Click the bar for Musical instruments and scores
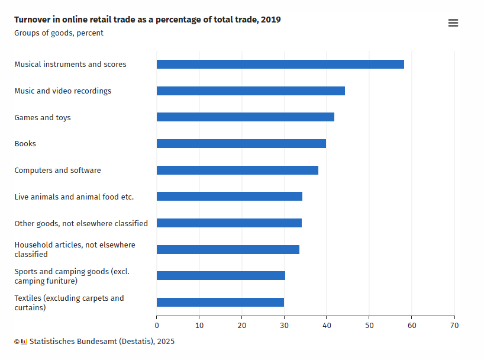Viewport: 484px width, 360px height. pos(280,65)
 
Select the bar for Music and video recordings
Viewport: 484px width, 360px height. pos(250,91)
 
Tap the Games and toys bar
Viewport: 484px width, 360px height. pos(245,117)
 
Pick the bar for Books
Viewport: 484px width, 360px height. pos(241,144)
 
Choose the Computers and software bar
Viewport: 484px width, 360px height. pos(237,171)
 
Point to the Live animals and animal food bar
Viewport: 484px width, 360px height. pos(229,197)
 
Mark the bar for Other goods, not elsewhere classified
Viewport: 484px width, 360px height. pos(229,223)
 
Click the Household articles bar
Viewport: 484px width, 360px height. pos(228,249)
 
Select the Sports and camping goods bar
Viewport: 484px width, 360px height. pos(221,276)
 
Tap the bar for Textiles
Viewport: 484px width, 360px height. pos(220,303)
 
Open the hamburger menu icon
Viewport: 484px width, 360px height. pos(453,23)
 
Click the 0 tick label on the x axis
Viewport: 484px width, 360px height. pos(157,325)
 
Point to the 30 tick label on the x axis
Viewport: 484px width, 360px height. pos(284,325)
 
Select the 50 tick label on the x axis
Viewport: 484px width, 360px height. pos(369,325)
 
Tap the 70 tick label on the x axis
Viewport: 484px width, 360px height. pos(454,325)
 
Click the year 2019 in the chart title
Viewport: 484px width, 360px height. pos(271,20)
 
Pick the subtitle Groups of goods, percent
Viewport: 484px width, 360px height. pos(59,33)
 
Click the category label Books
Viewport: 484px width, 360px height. pos(25,144)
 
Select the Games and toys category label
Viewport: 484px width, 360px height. pos(42,118)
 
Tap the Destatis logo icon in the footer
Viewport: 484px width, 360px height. pos(24,342)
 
